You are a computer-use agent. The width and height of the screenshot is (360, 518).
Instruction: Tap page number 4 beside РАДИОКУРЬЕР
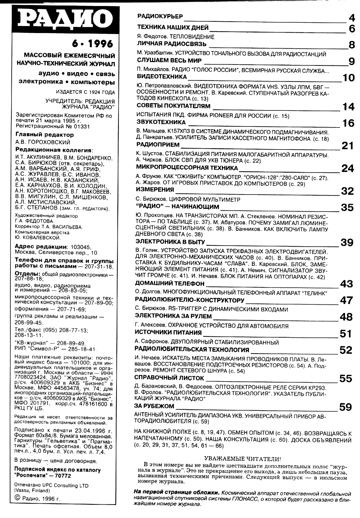[352, 17]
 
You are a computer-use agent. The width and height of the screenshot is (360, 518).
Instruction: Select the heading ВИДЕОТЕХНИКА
[162, 77]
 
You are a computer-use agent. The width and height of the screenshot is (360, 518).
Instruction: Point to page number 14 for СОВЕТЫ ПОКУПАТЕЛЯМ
[348, 107]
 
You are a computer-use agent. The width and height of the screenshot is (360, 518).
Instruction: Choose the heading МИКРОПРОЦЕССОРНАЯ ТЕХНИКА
[187, 168]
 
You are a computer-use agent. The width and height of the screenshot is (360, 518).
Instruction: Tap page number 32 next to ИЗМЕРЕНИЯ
[347, 191]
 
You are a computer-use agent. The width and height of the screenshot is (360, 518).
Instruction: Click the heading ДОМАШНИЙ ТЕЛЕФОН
[169, 284]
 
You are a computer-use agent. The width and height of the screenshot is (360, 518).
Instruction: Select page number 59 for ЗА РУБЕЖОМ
[345, 407]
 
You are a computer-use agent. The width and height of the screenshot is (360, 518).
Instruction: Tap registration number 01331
[81, 126]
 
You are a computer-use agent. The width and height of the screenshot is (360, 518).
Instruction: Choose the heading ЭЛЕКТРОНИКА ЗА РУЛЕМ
[173, 316]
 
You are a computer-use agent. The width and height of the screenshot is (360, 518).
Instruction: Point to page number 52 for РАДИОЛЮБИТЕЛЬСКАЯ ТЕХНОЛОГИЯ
[346, 350]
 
